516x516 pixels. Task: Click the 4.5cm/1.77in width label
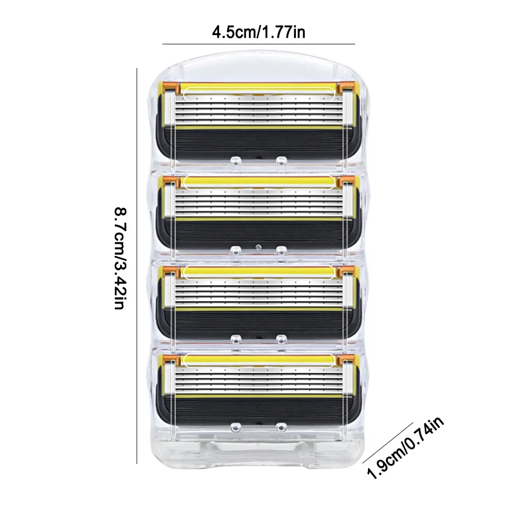[258, 32]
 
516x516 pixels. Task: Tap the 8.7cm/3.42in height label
[120, 258]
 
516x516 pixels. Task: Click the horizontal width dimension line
[258, 44]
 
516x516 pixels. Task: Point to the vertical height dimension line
[137, 258]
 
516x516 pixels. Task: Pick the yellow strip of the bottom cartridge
[258, 359]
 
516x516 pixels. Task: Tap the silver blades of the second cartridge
[258, 202]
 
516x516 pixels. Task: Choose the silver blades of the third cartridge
[258, 291]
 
